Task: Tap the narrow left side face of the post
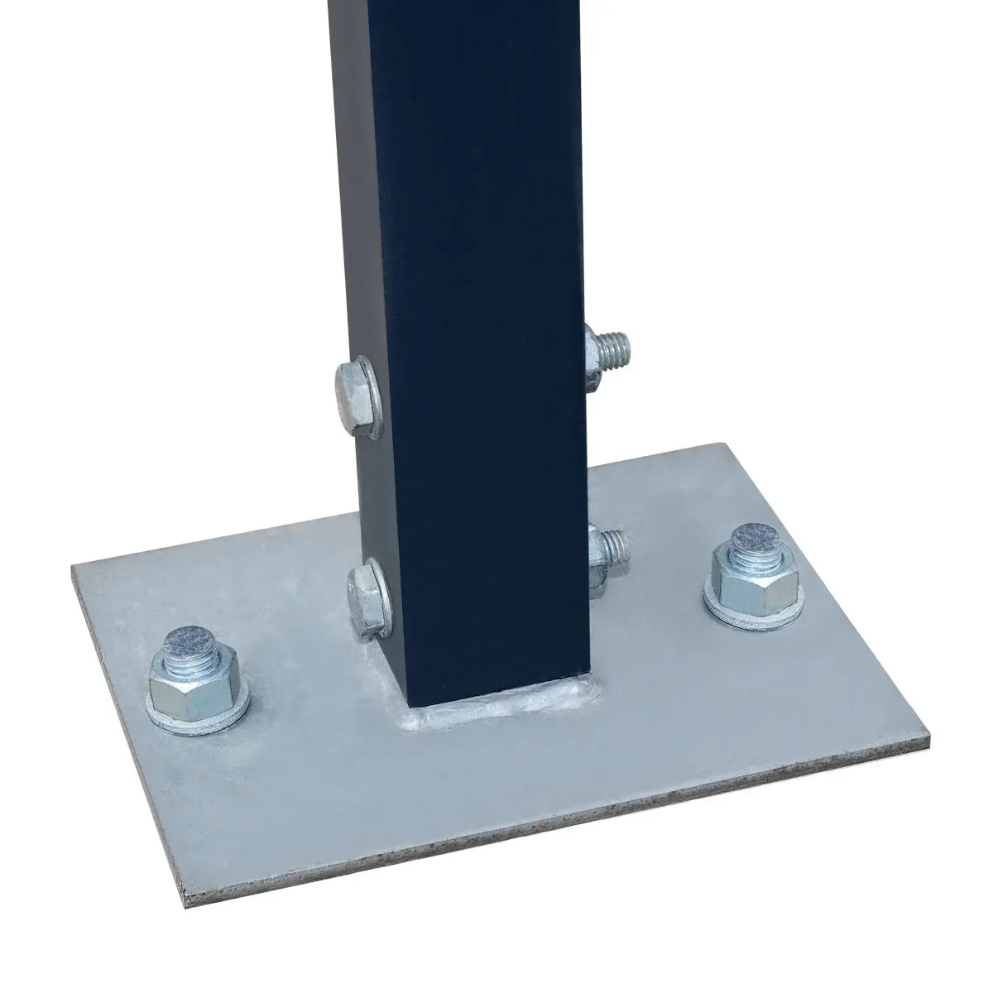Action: [x=364, y=207]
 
